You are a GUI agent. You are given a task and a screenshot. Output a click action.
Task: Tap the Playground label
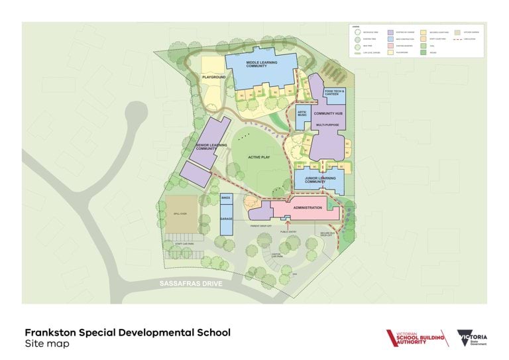click(214, 78)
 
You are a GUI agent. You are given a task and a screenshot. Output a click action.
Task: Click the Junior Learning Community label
click(319, 180)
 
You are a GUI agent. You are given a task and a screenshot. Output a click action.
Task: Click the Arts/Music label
click(302, 115)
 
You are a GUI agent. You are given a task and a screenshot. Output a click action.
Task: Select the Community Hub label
click(327, 115)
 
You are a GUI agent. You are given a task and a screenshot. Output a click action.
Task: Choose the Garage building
click(225, 219)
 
